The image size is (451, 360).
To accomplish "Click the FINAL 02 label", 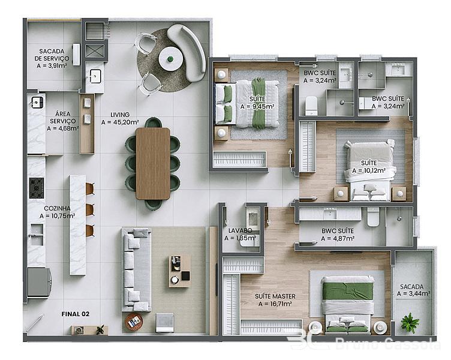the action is point(76,314).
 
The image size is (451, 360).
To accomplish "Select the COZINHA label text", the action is point(57,208).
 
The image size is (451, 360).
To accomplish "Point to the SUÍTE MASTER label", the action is point(275,296).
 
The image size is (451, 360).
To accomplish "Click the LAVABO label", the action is point(240,230).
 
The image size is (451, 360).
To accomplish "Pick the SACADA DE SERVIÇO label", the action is point(52,55).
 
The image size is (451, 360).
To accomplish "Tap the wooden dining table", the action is point(153,163).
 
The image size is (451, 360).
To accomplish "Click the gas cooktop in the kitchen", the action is point(37,188).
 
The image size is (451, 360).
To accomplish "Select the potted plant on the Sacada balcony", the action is point(410,323).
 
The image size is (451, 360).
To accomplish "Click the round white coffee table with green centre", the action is point(170,59).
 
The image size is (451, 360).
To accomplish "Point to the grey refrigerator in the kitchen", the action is point(39,283).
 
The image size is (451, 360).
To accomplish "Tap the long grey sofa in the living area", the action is point(136,269).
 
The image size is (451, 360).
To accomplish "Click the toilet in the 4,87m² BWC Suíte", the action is point(373,217).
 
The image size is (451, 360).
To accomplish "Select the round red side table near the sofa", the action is point(134,322).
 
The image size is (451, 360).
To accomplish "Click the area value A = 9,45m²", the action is point(257,106).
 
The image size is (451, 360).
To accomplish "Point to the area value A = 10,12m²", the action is point(369,170).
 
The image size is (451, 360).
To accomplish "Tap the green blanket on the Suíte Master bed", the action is point(348,290).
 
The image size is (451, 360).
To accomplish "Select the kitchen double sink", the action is point(37,234).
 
